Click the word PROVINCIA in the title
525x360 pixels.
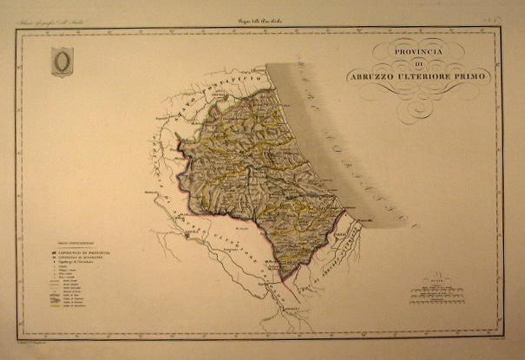click(417, 50)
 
